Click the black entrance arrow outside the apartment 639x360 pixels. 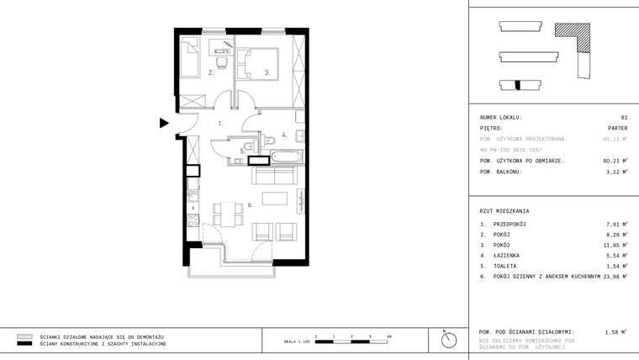coord(164,124)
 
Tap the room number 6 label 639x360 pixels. coord(251,204)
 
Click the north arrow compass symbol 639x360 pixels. coord(448,340)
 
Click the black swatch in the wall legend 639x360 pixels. coord(24,344)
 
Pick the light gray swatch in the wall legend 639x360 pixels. coord(24,336)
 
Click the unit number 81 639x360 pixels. coord(624,118)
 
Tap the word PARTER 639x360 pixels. coord(617,129)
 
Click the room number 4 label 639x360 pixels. coord(284,134)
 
